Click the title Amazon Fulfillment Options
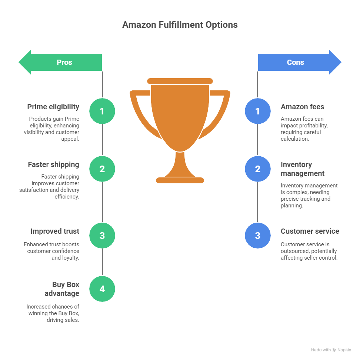click(180, 25)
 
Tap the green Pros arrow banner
click(60, 62)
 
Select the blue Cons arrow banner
click(300, 62)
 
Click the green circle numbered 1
click(102, 111)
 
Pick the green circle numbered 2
click(102, 169)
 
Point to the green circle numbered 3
click(102, 236)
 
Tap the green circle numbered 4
click(102, 289)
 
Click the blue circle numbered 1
click(258, 111)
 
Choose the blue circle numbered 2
click(258, 169)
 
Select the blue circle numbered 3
click(258, 236)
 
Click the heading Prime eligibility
click(53, 107)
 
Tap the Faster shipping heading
click(53, 165)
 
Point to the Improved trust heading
click(55, 231)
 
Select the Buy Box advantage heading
click(62, 289)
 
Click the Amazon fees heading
click(302, 107)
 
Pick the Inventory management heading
click(302, 169)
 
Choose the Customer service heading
click(310, 231)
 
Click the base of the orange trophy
click(180, 180)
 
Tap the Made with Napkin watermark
click(331, 350)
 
